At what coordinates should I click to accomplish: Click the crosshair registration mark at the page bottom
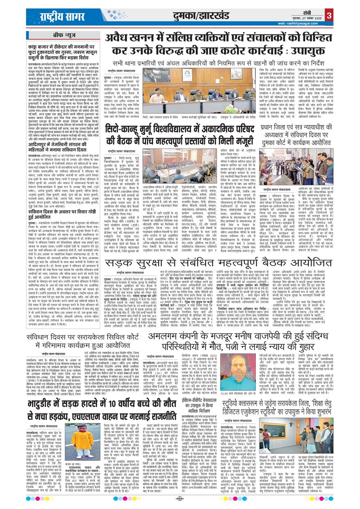click(x=180, y=498)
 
